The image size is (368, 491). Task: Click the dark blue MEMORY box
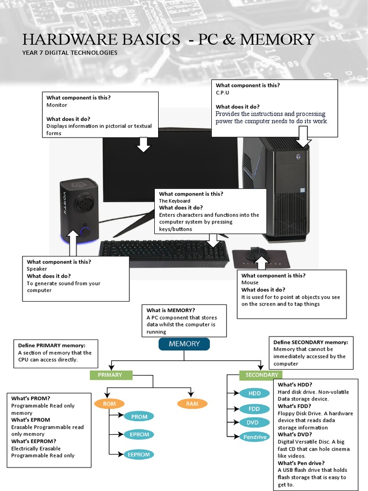(x=184, y=344)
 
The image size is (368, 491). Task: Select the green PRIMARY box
(x=111, y=375)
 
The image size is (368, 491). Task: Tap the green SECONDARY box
(x=261, y=375)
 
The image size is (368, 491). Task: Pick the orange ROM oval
(x=109, y=404)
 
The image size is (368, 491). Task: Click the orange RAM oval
(x=192, y=404)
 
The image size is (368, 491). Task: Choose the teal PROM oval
(x=139, y=417)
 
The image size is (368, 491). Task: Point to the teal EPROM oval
(x=139, y=434)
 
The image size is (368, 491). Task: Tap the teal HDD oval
(x=254, y=394)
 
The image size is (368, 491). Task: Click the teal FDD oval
(x=254, y=409)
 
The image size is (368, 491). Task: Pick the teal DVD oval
(x=253, y=422)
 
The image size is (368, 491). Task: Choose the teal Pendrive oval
(x=254, y=437)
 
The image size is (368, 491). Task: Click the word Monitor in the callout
(x=57, y=105)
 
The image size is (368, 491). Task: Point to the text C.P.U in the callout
(x=223, y=93)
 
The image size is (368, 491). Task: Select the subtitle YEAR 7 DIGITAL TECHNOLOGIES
(x=70, y=53)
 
